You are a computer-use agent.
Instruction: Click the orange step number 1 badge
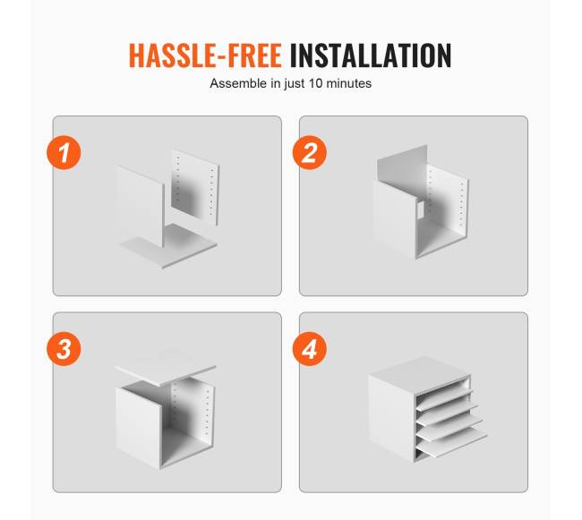click(x=64, y=152)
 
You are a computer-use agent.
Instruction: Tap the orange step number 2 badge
click(x=310, y=152)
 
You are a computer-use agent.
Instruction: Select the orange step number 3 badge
click(x=64, y=349)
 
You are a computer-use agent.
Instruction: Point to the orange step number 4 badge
click(x=310, y=349)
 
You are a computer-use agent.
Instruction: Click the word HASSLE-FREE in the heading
click(x=205, y=55)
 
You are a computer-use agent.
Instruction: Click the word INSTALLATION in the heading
click(x=371, y=55)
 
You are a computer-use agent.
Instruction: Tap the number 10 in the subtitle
click(x=315, y=83)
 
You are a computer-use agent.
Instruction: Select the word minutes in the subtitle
click(x=348, y=83)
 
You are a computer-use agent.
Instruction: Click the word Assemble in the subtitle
click(x=238, y=84)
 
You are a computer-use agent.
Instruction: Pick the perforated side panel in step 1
click(x=195, y=187)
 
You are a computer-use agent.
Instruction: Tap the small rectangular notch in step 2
click(x=421, y=210)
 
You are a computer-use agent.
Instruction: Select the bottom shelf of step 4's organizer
click(x=451, y=441)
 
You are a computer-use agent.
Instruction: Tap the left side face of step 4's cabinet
click(x=391, y=417)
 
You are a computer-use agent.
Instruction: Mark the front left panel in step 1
click(x=140, y=208)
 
